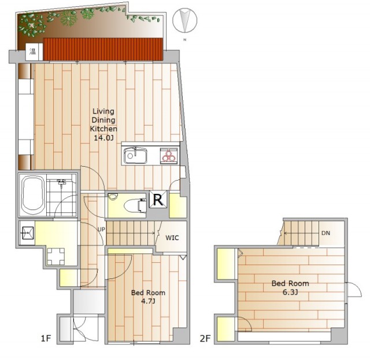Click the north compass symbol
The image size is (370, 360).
click(x=184, y=20)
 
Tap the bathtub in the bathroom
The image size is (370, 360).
click(x=34, y=195)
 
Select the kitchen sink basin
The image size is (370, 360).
click(x=135, y=156)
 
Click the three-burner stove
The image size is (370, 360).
click(x=169, y=156)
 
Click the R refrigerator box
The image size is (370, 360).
click(x=158, y=200)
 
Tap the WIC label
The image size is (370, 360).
click(x=172, y=238)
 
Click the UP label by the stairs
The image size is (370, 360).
click(x=101, y=229)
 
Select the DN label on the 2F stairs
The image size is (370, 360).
click(x=325, y=233)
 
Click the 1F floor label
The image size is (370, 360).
click(x=46, y=339)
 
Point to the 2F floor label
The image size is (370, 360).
click(x=205, y=339)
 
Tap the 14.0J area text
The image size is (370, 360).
click(x=103, y=138)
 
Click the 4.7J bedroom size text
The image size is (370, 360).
click(x=148, y=302)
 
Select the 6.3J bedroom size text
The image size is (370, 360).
click(x=290, y=292)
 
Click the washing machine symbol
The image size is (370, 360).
click(x=55, y=256)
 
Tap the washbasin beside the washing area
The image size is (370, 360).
click(x=27, y=233)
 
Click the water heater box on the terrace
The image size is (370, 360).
click(x=33, y=52)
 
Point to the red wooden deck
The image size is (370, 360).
click(x=103, y=49)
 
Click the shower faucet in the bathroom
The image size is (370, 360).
click(x=62, y=182)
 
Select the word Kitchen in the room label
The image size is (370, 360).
click(x=103, y=129)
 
